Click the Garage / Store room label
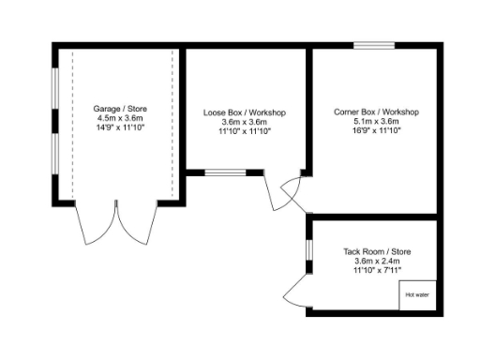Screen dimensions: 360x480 [x=120, y=110]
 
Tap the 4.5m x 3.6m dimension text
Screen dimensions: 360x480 [x=120, y=120]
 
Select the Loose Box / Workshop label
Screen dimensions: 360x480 [x=244, y=112]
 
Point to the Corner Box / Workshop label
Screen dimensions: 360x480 [x=376, y=112]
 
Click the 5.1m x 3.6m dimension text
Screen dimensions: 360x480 [x=376, y=121]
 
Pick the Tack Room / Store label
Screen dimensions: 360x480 [x=376, y=252]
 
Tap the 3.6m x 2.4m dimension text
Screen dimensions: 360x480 [x=376, y=262]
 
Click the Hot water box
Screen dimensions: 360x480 [x=417, y=294]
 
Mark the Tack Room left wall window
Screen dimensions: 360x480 [x=308, y=251]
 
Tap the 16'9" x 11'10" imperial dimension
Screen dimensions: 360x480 [x=376, y=130]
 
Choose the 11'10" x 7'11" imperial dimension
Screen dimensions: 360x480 [x=376, y=271]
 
